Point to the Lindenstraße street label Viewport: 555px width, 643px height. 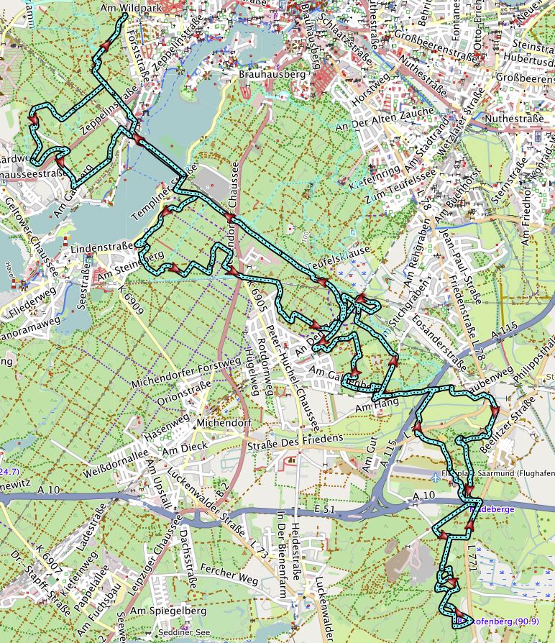tap(102, 248)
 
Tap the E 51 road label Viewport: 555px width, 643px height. tap(326, 509)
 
